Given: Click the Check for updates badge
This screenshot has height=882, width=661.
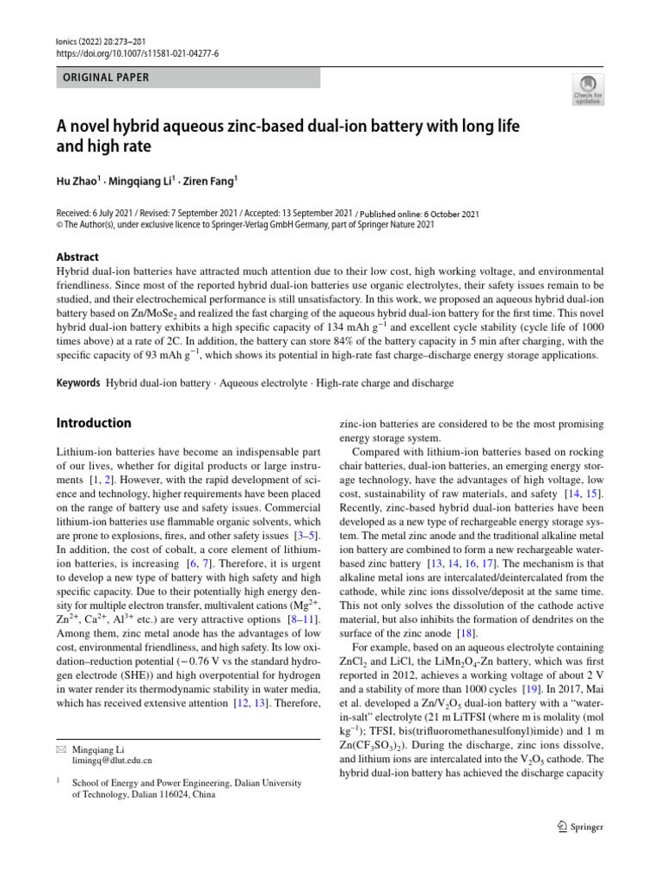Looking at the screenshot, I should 588,89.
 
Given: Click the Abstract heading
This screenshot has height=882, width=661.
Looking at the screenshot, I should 77,257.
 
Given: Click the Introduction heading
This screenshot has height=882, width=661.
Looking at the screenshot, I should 93,423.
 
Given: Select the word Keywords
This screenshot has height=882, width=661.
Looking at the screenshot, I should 78,381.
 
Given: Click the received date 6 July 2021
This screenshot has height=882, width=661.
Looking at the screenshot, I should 125,214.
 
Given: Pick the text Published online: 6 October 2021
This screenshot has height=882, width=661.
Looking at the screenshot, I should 419,214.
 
